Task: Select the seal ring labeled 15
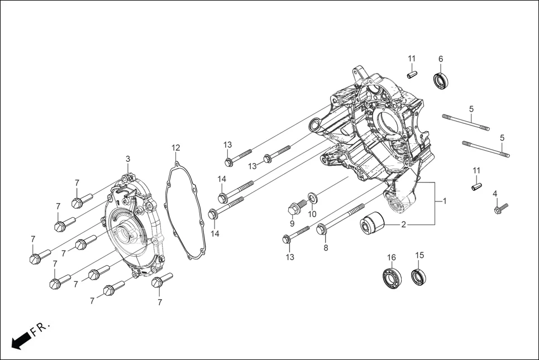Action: tap(418, 276)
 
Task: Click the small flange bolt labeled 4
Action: tap(500, 208)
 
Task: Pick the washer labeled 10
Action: tap(313, 197)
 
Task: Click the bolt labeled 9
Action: tap(295, 209)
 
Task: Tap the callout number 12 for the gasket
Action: tap(176, 148)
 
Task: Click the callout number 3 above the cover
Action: tap(128, 159)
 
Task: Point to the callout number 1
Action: tap(445, 201)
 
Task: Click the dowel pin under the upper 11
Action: tap(412, 74)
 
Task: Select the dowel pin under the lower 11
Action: tap(476, 185)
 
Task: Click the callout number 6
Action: tap(441, 59)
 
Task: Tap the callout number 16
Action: tap(392, 257)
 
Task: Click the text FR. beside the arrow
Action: tap(41, 329)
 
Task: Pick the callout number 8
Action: tap(326, 249)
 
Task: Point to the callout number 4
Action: tap(495, 194)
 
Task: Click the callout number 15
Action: tap(419, 255)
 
